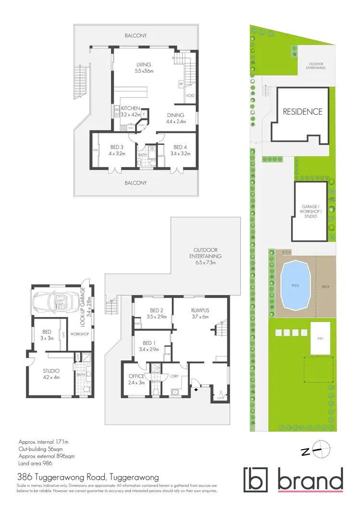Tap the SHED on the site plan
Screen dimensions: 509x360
[x=320, y=338]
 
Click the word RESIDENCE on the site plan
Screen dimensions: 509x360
[x=302, y=112]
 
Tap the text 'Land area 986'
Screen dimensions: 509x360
[x=35, y=463]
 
